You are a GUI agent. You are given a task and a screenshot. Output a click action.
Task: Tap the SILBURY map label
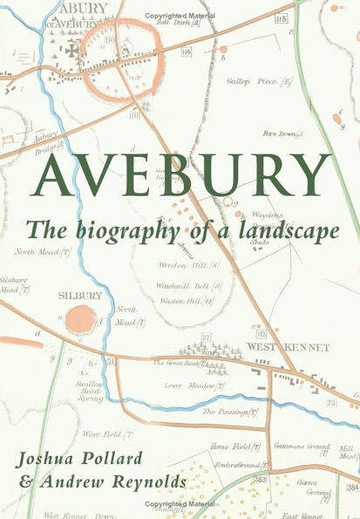pos(81,296)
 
